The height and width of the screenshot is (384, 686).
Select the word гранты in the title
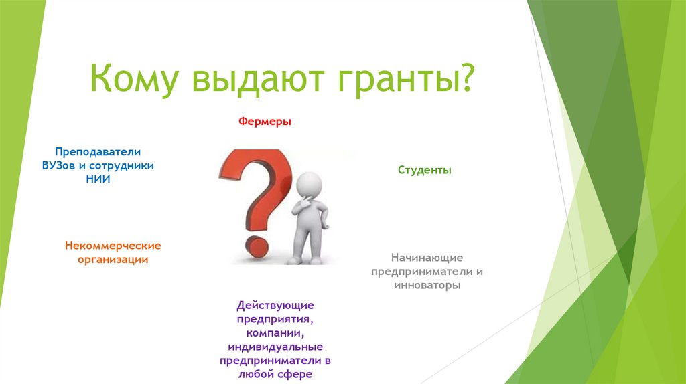394,80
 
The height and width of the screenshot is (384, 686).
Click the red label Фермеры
265,122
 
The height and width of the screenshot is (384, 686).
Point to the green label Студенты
424,170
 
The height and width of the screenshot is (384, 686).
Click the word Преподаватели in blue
98,152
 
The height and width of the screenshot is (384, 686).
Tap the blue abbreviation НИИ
98,179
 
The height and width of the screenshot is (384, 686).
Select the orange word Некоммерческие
113,246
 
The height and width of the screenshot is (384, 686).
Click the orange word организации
113,260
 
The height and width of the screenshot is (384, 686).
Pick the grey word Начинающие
427,258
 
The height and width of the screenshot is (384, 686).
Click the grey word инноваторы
427,285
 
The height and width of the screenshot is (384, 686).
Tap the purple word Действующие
275,305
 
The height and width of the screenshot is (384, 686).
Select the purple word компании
275,333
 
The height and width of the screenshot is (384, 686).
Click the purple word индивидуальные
275,347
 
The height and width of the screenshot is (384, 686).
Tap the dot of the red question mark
257,248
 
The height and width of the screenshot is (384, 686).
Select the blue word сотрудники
121,165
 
